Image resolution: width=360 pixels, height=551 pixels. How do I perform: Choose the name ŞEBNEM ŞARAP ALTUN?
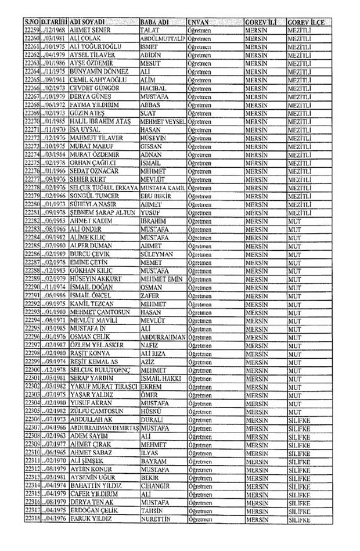coord(102,213)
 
